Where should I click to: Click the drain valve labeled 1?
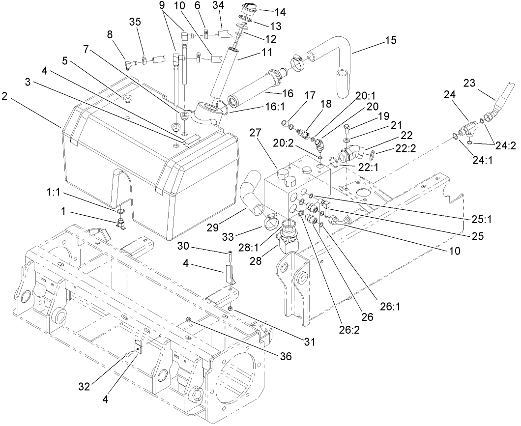[121, 224]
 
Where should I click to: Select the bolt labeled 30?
[230, 256]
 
